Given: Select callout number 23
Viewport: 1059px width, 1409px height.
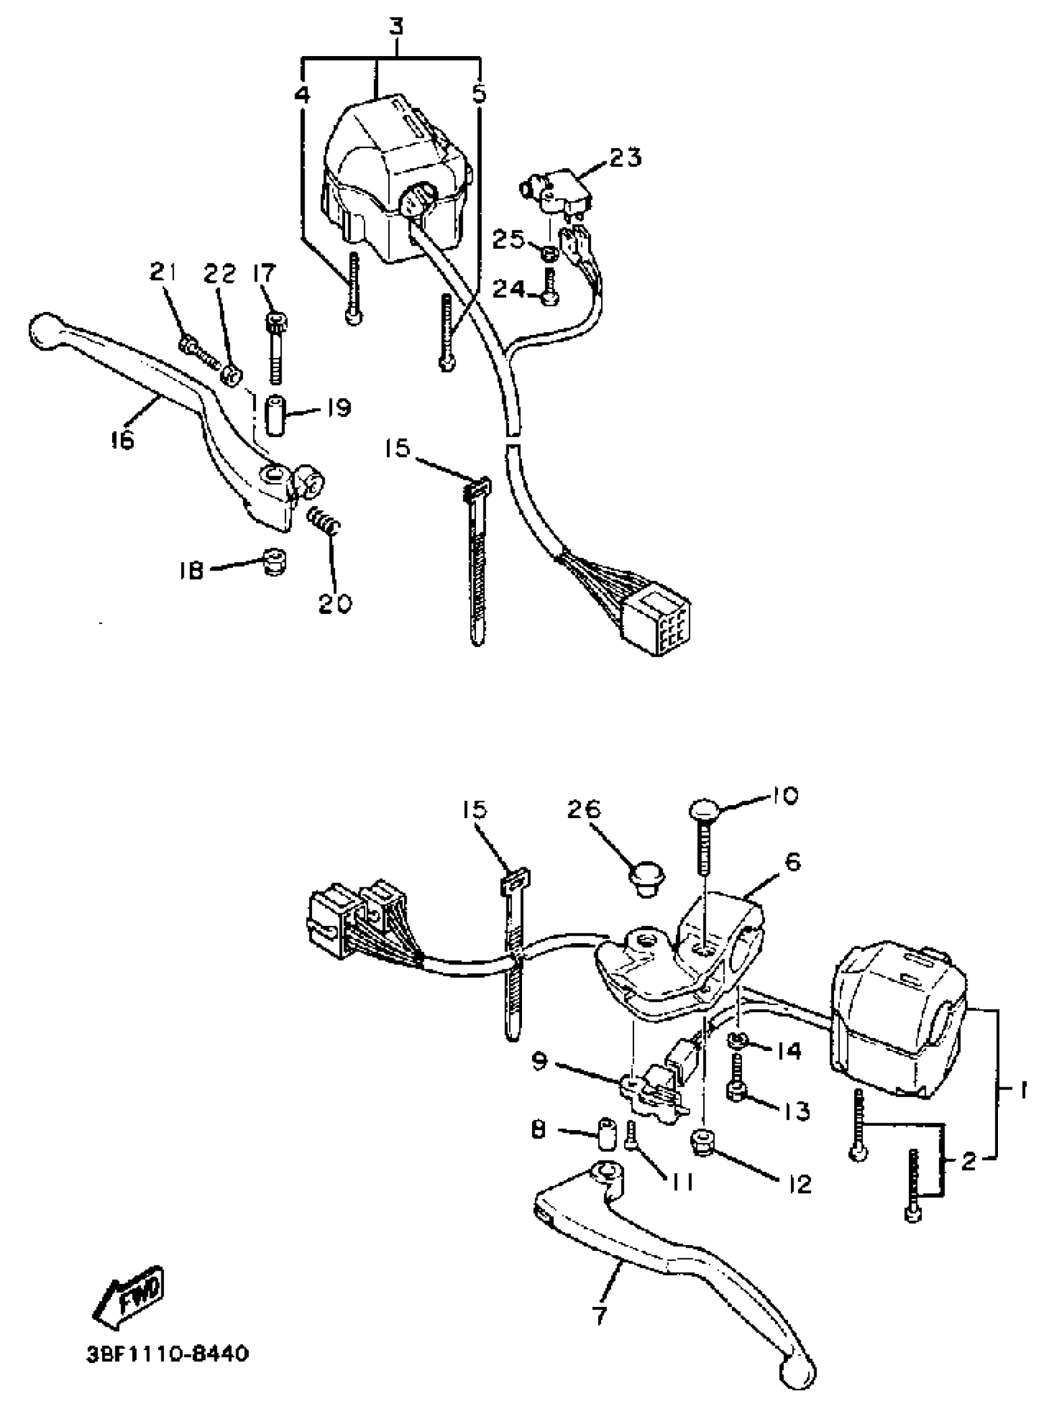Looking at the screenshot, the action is coord(625,157).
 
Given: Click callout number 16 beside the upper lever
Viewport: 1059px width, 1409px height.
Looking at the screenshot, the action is coord(122,439).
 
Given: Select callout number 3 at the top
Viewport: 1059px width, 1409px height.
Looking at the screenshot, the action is coord(396,29).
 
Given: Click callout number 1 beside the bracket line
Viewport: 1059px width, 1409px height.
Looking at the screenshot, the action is coord(1022,1091).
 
